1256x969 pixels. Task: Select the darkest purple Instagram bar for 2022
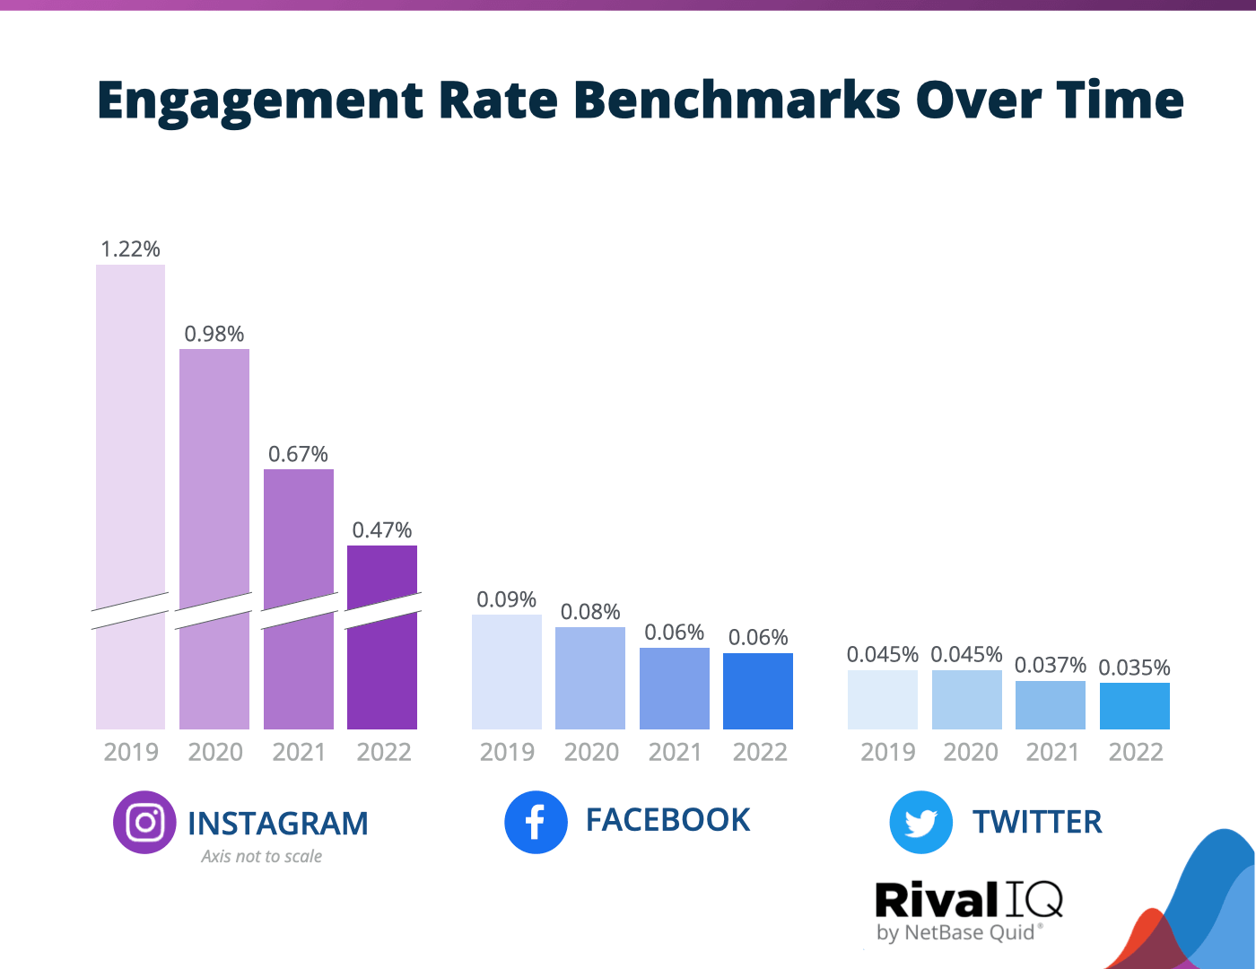coord(382,664)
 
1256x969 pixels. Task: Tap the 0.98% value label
coord(214,334)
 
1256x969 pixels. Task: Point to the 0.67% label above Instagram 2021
coord(298,454)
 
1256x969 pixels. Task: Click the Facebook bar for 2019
coord(507,672)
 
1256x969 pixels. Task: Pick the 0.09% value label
coord(506,599)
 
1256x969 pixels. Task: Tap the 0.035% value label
coord(1134,668)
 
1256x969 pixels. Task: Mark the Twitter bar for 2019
coord(883,699)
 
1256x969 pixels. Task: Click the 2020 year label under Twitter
coord(971,752)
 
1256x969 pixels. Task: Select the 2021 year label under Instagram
coord(299,752)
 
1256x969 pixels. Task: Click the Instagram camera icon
coord(144,822)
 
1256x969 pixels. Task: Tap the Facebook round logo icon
coord(536,822)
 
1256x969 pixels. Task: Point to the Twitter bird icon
coord(920,822)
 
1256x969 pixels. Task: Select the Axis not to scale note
coord(261,856)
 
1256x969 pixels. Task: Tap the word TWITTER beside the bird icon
coord(1037,822)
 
